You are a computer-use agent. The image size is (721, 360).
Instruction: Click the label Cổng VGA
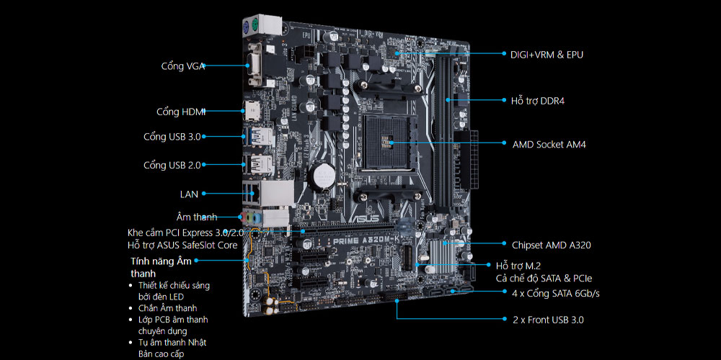click(182, 66)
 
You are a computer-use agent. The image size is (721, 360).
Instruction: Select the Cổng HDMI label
click(181, 112)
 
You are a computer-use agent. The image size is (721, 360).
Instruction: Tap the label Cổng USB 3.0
click(172, 137)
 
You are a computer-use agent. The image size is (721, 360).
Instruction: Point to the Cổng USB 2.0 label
click(172, 165)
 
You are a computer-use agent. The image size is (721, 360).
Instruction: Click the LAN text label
click(189, 194)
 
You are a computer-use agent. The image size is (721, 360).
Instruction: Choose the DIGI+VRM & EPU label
click(547, 55)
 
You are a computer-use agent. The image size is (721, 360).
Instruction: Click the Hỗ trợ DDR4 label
click(538, 101)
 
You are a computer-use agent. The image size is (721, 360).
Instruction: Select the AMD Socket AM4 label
click(549, 145)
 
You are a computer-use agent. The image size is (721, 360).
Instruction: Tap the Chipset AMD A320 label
click(552, 246)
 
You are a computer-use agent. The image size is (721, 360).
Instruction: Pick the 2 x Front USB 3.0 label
click(548, 320)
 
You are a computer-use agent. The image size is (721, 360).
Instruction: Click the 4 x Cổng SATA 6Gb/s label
click(556, 293)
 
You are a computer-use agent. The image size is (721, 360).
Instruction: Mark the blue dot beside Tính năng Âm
click(196, 261)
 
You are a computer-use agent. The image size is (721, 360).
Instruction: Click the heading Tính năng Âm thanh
click(161, 267)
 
